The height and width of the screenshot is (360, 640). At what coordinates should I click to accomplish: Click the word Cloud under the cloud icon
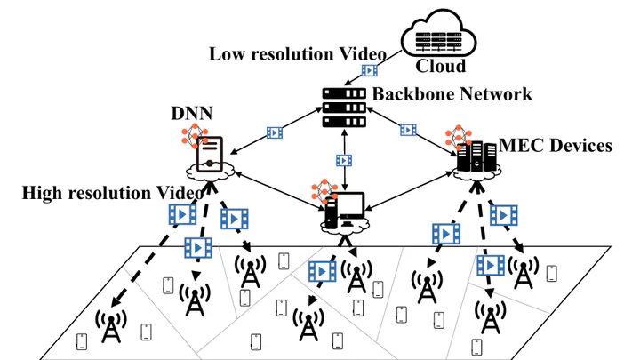[440, 66]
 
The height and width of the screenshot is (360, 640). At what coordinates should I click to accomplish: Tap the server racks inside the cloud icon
[438, 41]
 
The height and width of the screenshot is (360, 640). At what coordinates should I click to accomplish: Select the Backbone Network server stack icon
[344, 108]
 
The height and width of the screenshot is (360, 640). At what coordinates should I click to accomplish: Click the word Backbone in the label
[412, 94]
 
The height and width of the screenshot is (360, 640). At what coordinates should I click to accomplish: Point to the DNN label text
[191, 113]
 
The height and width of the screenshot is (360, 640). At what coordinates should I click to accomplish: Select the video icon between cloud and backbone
[370, 70]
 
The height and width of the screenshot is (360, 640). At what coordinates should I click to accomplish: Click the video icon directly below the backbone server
[344, 160]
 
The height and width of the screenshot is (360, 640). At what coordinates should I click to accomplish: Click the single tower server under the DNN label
[210, 155]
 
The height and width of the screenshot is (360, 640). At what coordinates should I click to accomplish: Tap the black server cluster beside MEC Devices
[476, 156]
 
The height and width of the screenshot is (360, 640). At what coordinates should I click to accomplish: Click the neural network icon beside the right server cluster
[458, 137]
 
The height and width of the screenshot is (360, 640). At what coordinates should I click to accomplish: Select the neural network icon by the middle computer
[324, 190]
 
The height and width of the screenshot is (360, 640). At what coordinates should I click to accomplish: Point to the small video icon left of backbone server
[275, 132]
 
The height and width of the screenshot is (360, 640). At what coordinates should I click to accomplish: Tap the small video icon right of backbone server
[408, 130]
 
